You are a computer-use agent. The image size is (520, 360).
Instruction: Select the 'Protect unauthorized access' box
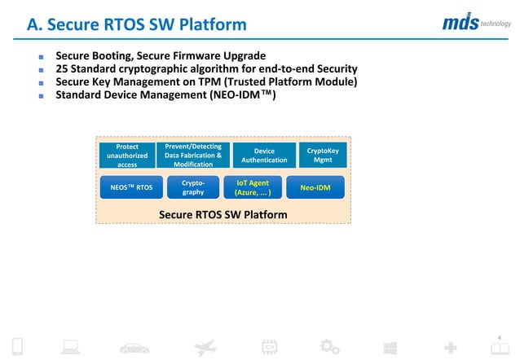point(126,156)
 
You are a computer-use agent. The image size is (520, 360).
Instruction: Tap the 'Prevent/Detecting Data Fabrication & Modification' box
point(193,155)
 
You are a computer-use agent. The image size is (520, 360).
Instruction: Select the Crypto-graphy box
point(193,187)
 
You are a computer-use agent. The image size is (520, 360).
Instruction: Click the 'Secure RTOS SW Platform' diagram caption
point(223,214)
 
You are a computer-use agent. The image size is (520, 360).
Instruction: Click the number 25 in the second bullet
point(62,69)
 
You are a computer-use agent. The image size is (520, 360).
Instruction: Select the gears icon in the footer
point(329,347)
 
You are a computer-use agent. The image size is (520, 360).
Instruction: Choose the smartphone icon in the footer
point(18,347)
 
